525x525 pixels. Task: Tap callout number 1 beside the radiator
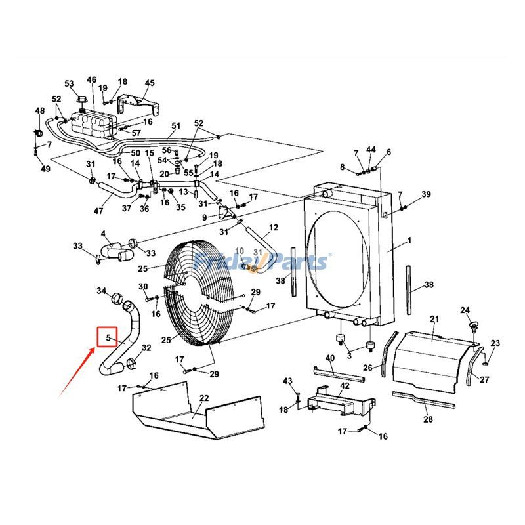coord(409,241)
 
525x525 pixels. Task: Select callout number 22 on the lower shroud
coord(204,398)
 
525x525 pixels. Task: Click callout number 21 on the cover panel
coord(434,319)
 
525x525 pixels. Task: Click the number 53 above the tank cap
coord(69,83)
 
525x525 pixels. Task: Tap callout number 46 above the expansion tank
coord(91,80)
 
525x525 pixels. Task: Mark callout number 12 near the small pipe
coord(274,228)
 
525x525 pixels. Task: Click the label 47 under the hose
coord(98,211)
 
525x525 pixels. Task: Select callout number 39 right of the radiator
coord(426,194)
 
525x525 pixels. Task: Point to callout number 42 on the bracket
coord(345,386)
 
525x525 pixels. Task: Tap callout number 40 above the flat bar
coord(330,358)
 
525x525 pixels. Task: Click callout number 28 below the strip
coord(428,419)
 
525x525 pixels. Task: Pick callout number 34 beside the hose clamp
coord(101,291)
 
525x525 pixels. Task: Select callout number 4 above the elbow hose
coord(103,234)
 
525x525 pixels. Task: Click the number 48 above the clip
coord(40,111)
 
